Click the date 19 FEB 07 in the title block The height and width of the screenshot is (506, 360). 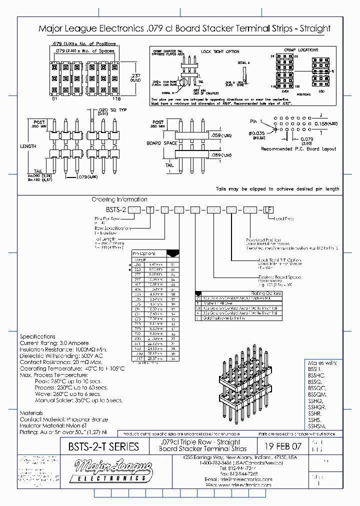pyautogui.click(x=282, y=446)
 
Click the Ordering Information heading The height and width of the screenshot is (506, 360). pyautogui.click(x=119, y=199)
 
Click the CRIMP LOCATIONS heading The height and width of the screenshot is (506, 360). pyautogui.click(x=301, y=50)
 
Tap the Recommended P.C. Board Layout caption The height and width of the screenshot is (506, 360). pyautogui.click(x=298, y=148)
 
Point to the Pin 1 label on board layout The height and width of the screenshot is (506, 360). pyautogui.click(x=256, y=121)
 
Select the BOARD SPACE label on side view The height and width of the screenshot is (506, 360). pyautogui.click(x=161, y=143)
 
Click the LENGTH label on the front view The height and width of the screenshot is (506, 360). pyautogui.click(x=28, y=146)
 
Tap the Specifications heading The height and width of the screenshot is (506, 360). pyautogui.click(x=37, y=336)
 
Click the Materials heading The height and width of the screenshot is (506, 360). pyautogui.click(x=31, y=412)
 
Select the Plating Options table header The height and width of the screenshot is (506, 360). pyautogui.click(x=266, y=293)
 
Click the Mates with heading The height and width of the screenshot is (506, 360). pyautogui.click(x=320, y=362)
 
